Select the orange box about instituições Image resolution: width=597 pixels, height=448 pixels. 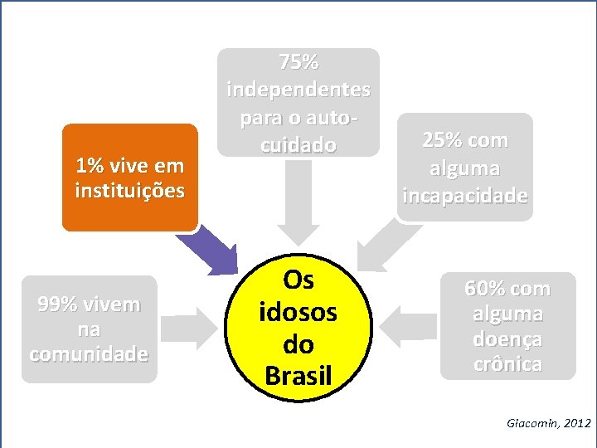(x=130, y=178)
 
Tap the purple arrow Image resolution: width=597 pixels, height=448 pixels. (x=211, y=250)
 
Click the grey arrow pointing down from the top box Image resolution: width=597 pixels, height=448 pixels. (x=298, y=203)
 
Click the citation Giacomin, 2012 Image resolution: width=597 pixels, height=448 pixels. (x=548, y=423)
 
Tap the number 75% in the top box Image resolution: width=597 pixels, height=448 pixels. (x=298, y=62)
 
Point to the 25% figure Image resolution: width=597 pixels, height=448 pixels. (x=442, y=140)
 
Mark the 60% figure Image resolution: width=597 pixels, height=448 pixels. (x=479, y=289)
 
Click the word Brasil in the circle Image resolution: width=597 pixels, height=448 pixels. (x=298, y=375)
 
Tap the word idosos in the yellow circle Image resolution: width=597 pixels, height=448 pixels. (x=298, y=312)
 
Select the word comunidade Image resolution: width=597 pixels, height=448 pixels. (x=89, y=354)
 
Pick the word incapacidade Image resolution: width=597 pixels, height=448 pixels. (x=464, y=196)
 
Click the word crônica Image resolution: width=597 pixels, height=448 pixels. (x=507, y=364)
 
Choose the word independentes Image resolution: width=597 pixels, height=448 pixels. (x=298, y=89)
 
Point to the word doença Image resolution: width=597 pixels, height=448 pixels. (x=507, y=339)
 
